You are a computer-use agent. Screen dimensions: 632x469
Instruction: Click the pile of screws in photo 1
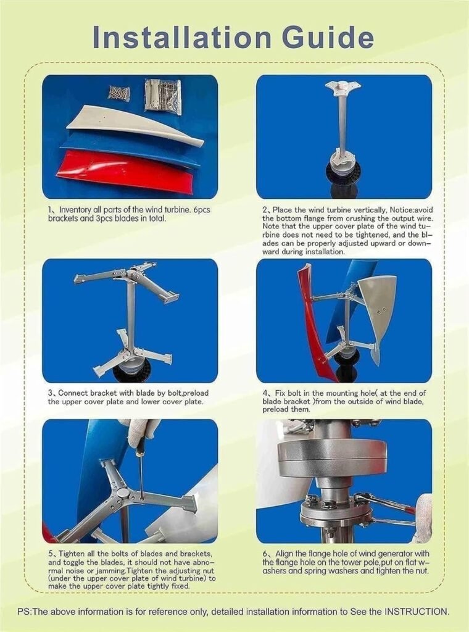point(119,93)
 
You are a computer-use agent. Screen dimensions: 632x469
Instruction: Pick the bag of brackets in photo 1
point(164,95)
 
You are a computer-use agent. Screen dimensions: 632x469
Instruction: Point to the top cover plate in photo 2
point(342,87)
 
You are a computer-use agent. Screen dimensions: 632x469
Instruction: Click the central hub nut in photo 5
point(123,494)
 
